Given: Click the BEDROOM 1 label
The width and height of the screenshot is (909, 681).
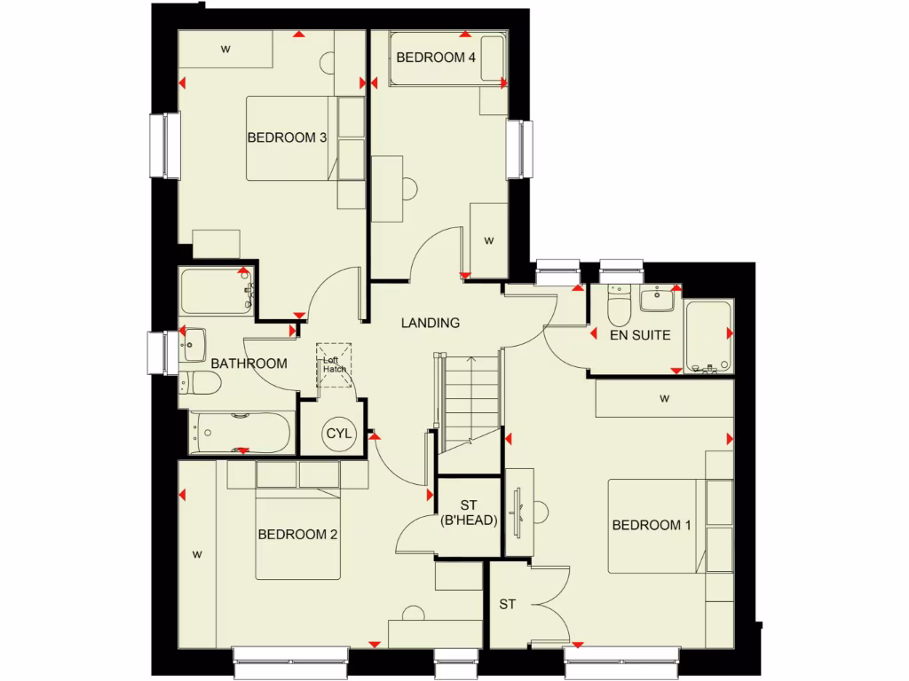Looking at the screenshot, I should point(651,525).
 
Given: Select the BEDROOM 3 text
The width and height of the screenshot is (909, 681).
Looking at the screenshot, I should point(287,137).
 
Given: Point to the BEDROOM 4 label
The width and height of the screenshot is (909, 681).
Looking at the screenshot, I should point(435,58).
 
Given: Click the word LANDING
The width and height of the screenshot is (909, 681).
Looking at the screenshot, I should point(430,323).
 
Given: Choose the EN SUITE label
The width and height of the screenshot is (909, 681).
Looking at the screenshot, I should point(639,335).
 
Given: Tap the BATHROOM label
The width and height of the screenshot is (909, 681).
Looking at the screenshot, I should point(249,364).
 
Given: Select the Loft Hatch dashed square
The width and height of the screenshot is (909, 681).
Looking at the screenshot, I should point(335,364).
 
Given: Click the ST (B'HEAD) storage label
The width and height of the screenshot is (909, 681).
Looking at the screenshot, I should point(468,514).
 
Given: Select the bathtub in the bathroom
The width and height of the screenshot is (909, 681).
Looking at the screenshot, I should point(240,433).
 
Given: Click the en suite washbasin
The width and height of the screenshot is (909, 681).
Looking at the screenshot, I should point(658,300).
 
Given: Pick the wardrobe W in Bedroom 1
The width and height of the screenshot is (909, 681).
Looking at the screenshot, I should point(664,399).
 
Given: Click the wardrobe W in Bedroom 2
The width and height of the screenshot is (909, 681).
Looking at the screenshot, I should point(197,555).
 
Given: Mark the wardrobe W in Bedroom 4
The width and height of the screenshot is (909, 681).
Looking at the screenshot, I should point(488,239).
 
